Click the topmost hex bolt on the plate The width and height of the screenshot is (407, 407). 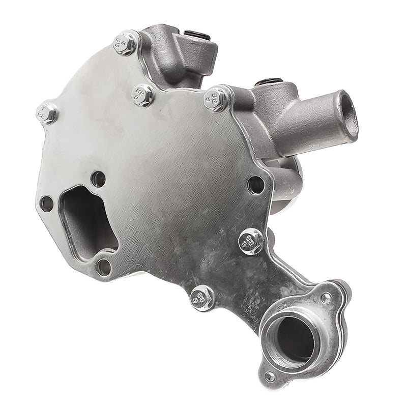point(125,43)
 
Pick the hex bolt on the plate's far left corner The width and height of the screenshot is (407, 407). point(47,112)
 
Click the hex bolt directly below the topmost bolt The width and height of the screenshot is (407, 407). point(142,95)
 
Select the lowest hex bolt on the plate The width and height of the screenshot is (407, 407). point(202,298)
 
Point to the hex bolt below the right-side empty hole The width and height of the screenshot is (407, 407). point(251,241)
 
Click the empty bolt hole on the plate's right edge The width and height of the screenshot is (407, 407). point(256,185)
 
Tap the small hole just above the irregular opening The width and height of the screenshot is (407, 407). point(98,179)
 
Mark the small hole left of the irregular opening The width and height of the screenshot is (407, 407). point(46,203)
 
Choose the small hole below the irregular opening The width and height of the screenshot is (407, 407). point(103,265)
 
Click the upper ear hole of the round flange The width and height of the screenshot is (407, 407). point(326,297)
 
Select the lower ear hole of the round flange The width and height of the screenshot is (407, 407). point(270,377)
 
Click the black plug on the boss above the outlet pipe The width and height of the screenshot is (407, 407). point(270,81)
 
